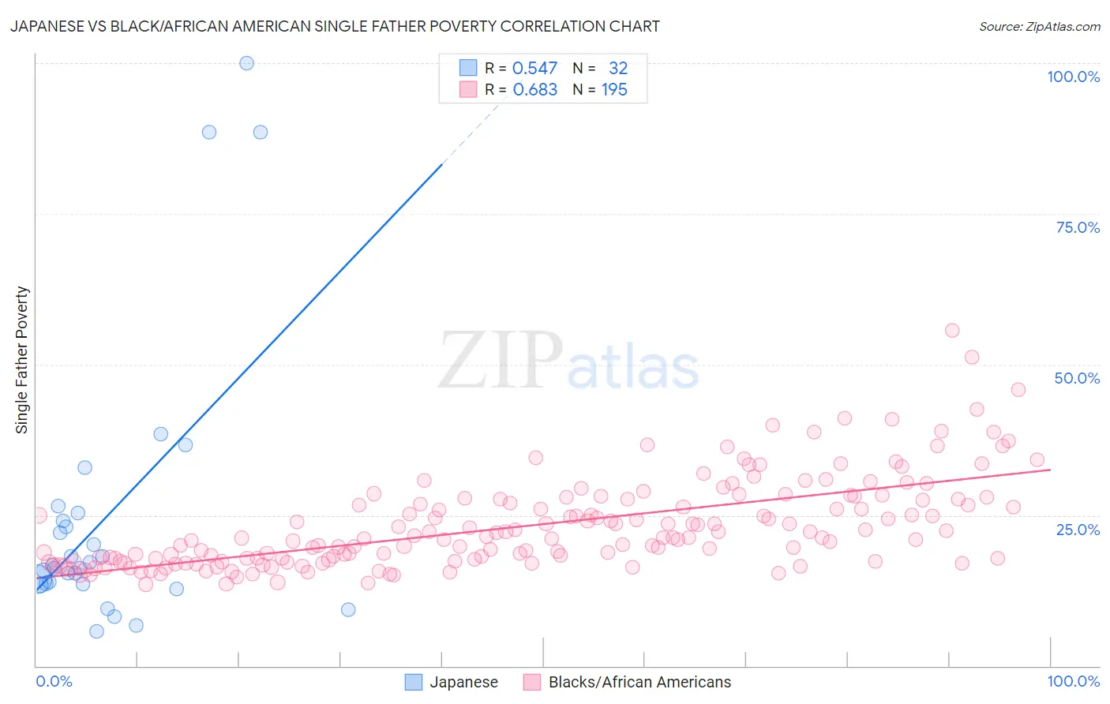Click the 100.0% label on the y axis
[1073, 77]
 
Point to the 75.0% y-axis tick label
[1078, 227]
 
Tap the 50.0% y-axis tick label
[1077, 378]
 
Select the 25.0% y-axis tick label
[1078, 530]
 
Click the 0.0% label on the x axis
[54, 681]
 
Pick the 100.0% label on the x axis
[1073, 681]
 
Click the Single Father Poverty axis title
[22, 360]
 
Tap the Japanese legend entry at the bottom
[463, 682]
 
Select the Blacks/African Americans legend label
[639, 682]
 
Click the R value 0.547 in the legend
[534, 69]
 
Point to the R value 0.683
[534, 90]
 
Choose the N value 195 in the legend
[614, 90]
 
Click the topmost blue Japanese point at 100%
[246, 63]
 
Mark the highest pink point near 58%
[952, 331]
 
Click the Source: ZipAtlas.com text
[1039, 27]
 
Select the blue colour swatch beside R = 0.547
[468, 69]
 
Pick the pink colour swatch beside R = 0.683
[468, 90]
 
